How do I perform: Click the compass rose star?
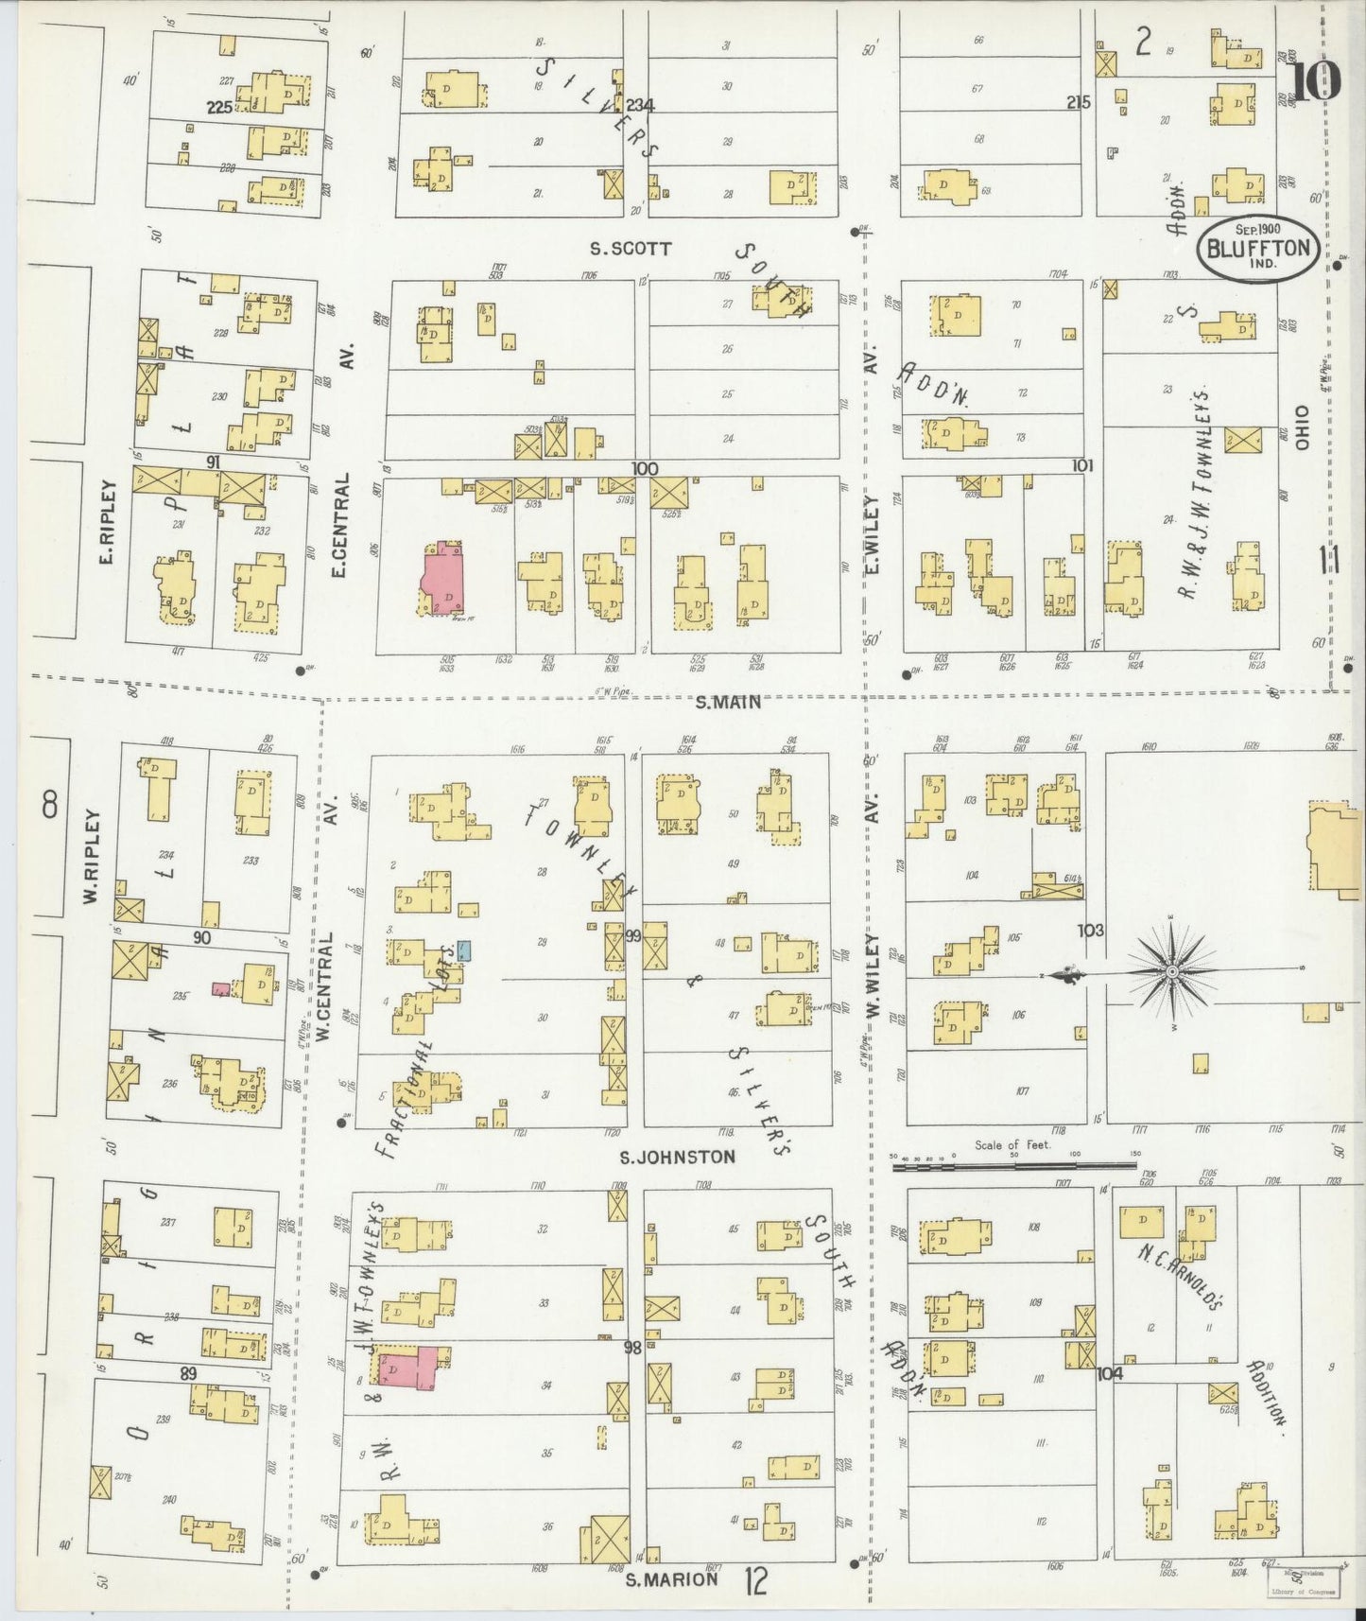pos(1172,971)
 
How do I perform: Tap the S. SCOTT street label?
pos(631,249)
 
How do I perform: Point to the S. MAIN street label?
pos(727,702)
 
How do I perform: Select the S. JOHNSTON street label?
pos(677,1157)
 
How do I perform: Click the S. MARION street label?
pos(671,1578)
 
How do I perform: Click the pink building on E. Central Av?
pos(441,579)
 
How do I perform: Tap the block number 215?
pos(1080,102)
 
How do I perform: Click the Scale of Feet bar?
pos(1015,1165)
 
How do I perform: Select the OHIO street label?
pos(1302,427)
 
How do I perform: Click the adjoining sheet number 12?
pos(754,1579)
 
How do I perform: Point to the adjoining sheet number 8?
pos(49,805)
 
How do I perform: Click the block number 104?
pos(1110,1373)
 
